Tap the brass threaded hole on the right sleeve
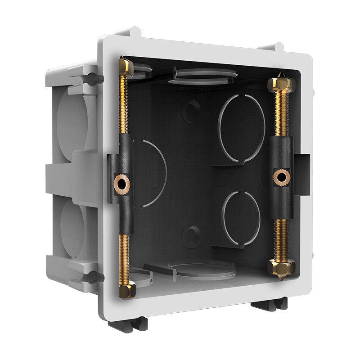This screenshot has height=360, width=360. pyautogui.click(x=281, y=177)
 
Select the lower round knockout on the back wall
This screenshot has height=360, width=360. pyautogui.click(x=242, y=218)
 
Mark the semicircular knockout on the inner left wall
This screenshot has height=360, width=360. pyautogui.click(x=151, y=173)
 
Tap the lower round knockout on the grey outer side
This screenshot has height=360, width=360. pyautogui.click(x=72, y=223)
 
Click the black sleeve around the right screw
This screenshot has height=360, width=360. pyautogui.click(x=282, y=153)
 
